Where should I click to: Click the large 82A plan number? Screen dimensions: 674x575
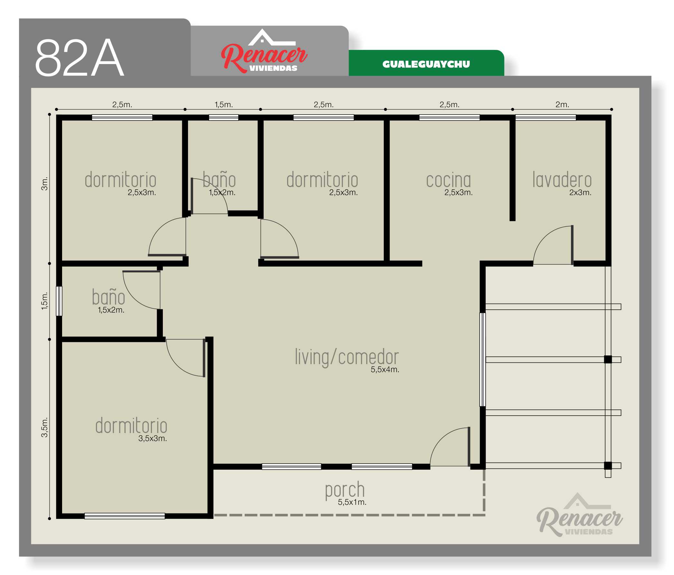pos(80,58)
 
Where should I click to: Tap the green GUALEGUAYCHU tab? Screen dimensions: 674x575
pos(426,63)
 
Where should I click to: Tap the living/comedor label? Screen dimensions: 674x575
pos(347,357)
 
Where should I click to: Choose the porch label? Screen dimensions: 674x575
pos(345,491)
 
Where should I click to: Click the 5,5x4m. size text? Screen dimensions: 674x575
pos(385,370)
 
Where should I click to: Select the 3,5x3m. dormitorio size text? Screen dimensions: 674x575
pos(153,438)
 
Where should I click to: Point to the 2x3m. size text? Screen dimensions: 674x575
pos(580,192)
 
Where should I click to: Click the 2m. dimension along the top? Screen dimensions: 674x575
pos(562,104)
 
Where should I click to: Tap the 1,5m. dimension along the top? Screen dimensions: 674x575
pos(223,104)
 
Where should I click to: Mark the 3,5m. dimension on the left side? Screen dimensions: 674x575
pos(44,427)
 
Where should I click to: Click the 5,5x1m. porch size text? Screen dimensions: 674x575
pos(352,502)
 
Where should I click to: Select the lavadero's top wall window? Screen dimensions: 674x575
pos(546,118)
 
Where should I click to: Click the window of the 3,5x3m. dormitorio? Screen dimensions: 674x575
pos(125,516)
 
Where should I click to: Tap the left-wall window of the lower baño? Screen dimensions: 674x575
pos(59,301)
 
